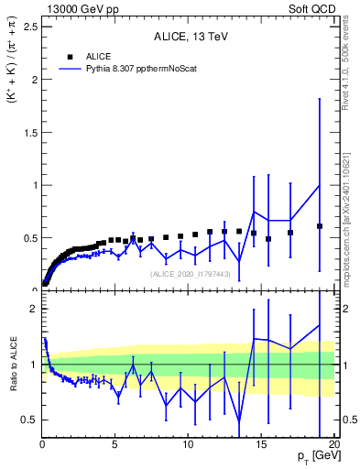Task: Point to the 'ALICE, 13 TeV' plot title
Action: (x=190, y=38)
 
